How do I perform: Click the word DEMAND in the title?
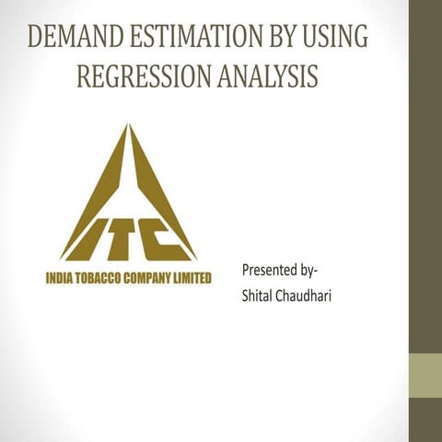click(70, 38)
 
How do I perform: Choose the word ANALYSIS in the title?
click(267, 76)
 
